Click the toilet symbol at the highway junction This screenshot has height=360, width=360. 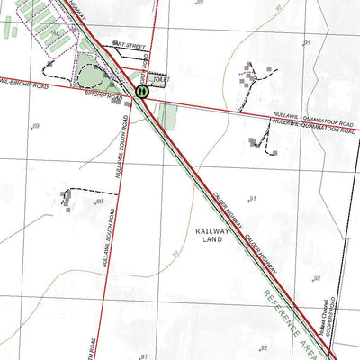pos(142,91)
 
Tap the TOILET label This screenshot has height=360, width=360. pos(161,80)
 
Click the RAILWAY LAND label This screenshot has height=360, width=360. pos(212,236)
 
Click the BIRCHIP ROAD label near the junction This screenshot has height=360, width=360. pos(102,93)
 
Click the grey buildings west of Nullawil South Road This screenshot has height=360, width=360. pos(67,200)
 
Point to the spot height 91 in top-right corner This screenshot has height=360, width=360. pos(306,42)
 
